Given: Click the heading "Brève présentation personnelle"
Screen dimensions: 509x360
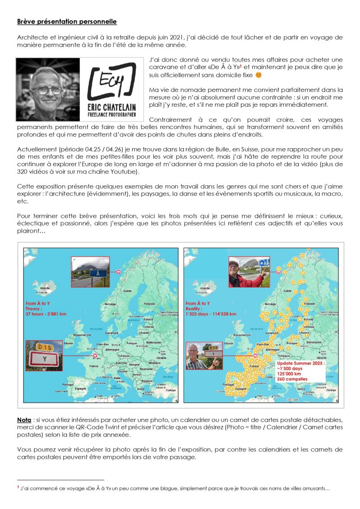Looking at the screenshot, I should (67, 21).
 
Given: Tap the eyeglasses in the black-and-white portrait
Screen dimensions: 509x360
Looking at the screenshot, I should (47, 90).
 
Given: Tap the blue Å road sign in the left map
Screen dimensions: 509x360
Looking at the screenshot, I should (98, 272).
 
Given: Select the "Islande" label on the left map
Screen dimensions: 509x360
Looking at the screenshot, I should (45, 288).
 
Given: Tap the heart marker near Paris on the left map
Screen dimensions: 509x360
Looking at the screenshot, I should (95, 356).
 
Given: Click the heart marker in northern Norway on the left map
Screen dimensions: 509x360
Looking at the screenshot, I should (118, 271).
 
